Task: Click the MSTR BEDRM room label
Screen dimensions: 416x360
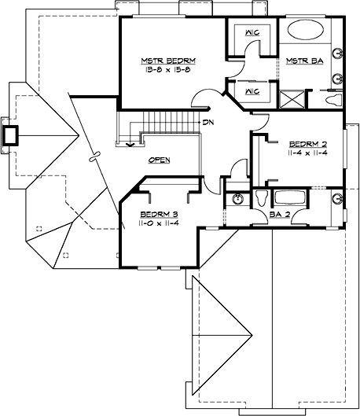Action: tap(168, 61)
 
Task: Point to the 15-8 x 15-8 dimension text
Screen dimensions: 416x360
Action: tap(168, 70)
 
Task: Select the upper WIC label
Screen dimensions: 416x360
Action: tap(252, 33)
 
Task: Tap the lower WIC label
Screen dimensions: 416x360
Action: tap(252, 92)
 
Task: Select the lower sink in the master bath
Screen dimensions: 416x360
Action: tap(337, 79)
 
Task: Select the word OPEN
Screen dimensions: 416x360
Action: tap(160, 160)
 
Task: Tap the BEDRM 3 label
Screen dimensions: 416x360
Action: tap(160, 213)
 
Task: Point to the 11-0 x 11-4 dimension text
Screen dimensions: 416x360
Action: tap(160, 223)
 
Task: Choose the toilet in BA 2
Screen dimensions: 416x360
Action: tap(260, 197)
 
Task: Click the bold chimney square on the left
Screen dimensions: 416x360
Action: tap(12, 135)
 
